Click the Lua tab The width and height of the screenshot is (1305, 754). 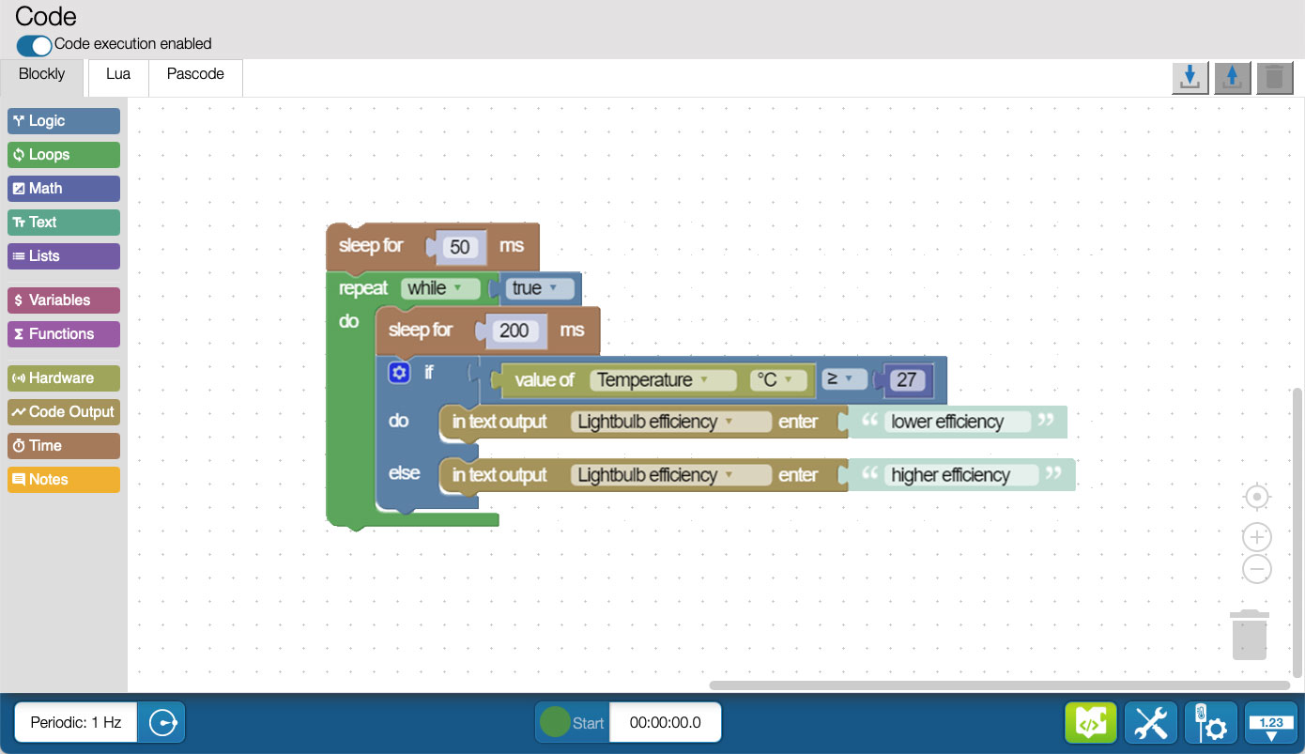(118, 74)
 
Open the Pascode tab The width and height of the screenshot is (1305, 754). (195, 74)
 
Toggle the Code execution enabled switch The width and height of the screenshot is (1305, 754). (34, 45)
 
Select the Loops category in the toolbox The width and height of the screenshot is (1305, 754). (64, 154)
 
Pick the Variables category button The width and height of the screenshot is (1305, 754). (64, 300)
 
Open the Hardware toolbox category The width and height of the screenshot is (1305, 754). (64, 378)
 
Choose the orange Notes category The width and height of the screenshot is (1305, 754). (64, 480)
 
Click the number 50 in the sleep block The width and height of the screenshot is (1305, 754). (460, 247)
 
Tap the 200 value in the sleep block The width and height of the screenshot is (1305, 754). (514, 331)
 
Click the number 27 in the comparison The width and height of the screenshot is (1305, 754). (906, 380)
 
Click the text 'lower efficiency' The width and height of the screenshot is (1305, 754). (947, 422)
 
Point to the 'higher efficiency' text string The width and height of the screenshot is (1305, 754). (951, 475)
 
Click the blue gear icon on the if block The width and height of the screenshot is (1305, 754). (399, 373)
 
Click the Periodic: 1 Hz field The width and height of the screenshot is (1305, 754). (76, 722)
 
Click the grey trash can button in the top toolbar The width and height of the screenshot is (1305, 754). (1275, 78)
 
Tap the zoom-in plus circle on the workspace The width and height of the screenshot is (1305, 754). (1256, 537)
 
